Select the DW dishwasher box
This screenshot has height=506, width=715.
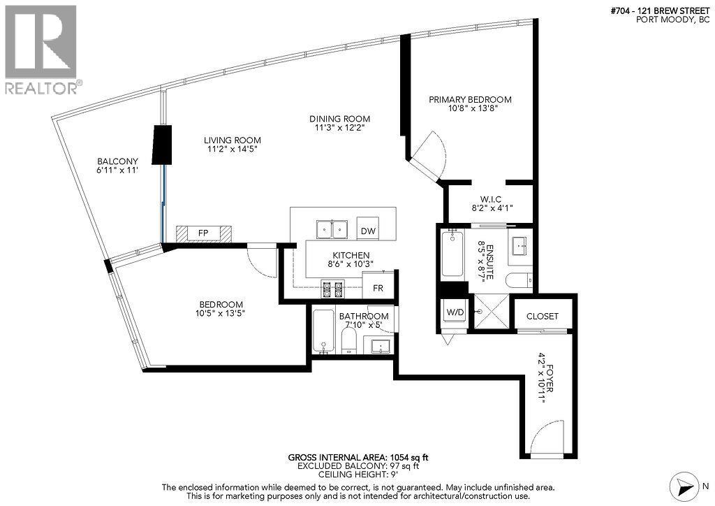pos(367,231)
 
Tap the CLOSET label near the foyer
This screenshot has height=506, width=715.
pos(543,316)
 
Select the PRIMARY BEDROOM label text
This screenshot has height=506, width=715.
pos(470,99)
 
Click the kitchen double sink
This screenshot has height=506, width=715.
pos(332,229)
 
